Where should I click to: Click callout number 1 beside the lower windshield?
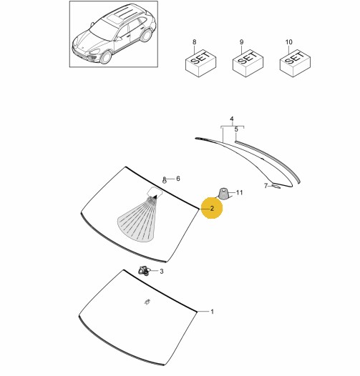coord(212,312)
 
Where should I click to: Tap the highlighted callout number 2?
coord(212,209)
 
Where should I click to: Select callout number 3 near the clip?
coord(162,271)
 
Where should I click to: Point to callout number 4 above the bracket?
coord(231,119)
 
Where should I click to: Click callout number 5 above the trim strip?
coord(236,129)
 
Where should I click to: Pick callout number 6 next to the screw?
coord(178,179)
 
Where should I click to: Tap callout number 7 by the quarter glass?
coord(266,186)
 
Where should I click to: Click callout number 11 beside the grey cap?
coord(240,192)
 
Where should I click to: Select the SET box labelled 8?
coord(201,64)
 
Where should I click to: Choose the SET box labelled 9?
coord(248,64)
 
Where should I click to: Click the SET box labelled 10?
coord(295,64)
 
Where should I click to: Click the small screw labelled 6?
coord(165,180)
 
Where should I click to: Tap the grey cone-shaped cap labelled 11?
coord(223,194)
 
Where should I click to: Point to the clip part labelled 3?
coord(143,271)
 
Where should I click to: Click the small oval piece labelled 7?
coord(276,186)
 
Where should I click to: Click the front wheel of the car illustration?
coord(106,57)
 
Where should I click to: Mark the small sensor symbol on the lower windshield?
coord(147,302)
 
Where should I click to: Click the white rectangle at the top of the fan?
coord(155,192)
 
